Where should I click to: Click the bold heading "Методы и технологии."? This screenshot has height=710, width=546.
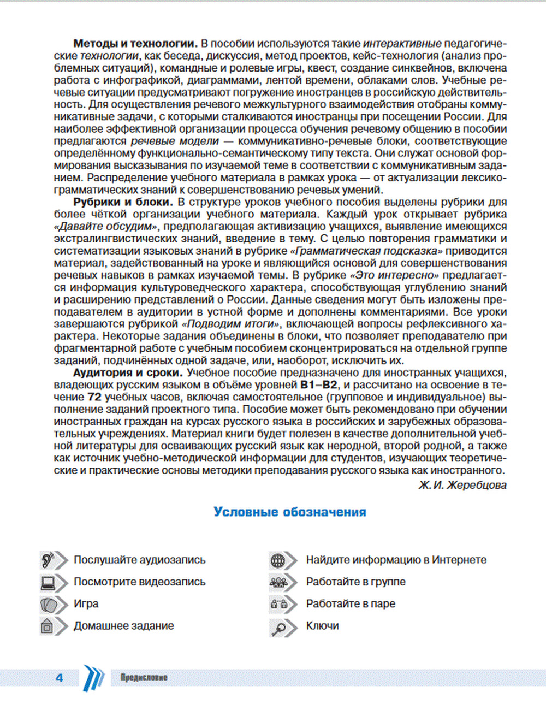coord(135,44)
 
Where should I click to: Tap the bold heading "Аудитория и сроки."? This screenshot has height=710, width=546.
coord(127,373)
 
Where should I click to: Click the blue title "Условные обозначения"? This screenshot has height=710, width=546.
coord(290,512)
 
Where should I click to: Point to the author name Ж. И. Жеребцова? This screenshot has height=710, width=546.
coord(462,485)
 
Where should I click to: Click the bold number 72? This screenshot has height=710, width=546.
coord(94,398)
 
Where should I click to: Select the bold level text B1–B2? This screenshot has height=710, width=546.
coord(319,385)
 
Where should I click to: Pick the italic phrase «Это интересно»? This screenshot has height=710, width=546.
coord(395,276)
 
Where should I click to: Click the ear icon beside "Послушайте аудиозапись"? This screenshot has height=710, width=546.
coord(49,560)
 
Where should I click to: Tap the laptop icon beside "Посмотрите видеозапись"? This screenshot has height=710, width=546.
coord(49,582)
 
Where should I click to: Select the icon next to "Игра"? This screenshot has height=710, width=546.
coord(49,604)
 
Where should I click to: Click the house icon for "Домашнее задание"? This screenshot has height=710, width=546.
coord(48,626)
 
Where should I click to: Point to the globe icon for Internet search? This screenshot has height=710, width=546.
coord(278,560)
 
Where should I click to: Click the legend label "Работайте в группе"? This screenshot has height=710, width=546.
coord(355,582)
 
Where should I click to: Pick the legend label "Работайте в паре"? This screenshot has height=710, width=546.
coord(351,604)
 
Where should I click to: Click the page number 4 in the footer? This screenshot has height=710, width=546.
coord(60,678)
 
